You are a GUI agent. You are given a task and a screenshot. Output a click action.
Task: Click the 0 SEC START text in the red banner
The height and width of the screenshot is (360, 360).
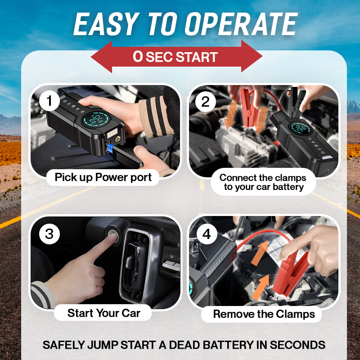point(175,57)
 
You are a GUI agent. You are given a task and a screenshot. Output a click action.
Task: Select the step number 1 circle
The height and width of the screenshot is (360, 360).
point(49,100)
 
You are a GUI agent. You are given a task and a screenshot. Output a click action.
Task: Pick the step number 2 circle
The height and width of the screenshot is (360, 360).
point(206,102)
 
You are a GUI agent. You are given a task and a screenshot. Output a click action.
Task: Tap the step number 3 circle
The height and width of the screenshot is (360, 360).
point(49,234)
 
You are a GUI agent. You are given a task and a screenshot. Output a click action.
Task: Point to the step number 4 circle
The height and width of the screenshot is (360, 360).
point(207,234)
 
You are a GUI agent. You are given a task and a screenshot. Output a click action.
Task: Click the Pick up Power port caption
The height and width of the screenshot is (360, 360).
point(103,177)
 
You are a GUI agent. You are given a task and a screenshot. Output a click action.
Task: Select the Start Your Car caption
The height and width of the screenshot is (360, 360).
point(104,313)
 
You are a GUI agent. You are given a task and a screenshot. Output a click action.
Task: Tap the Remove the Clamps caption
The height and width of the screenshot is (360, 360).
point(264,314)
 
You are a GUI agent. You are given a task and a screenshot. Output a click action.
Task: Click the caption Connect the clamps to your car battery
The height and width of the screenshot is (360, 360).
point(263,182)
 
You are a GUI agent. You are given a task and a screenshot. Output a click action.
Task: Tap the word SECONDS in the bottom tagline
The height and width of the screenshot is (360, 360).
point(297,345)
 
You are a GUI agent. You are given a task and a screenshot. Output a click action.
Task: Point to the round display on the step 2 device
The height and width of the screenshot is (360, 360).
point(301,128)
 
